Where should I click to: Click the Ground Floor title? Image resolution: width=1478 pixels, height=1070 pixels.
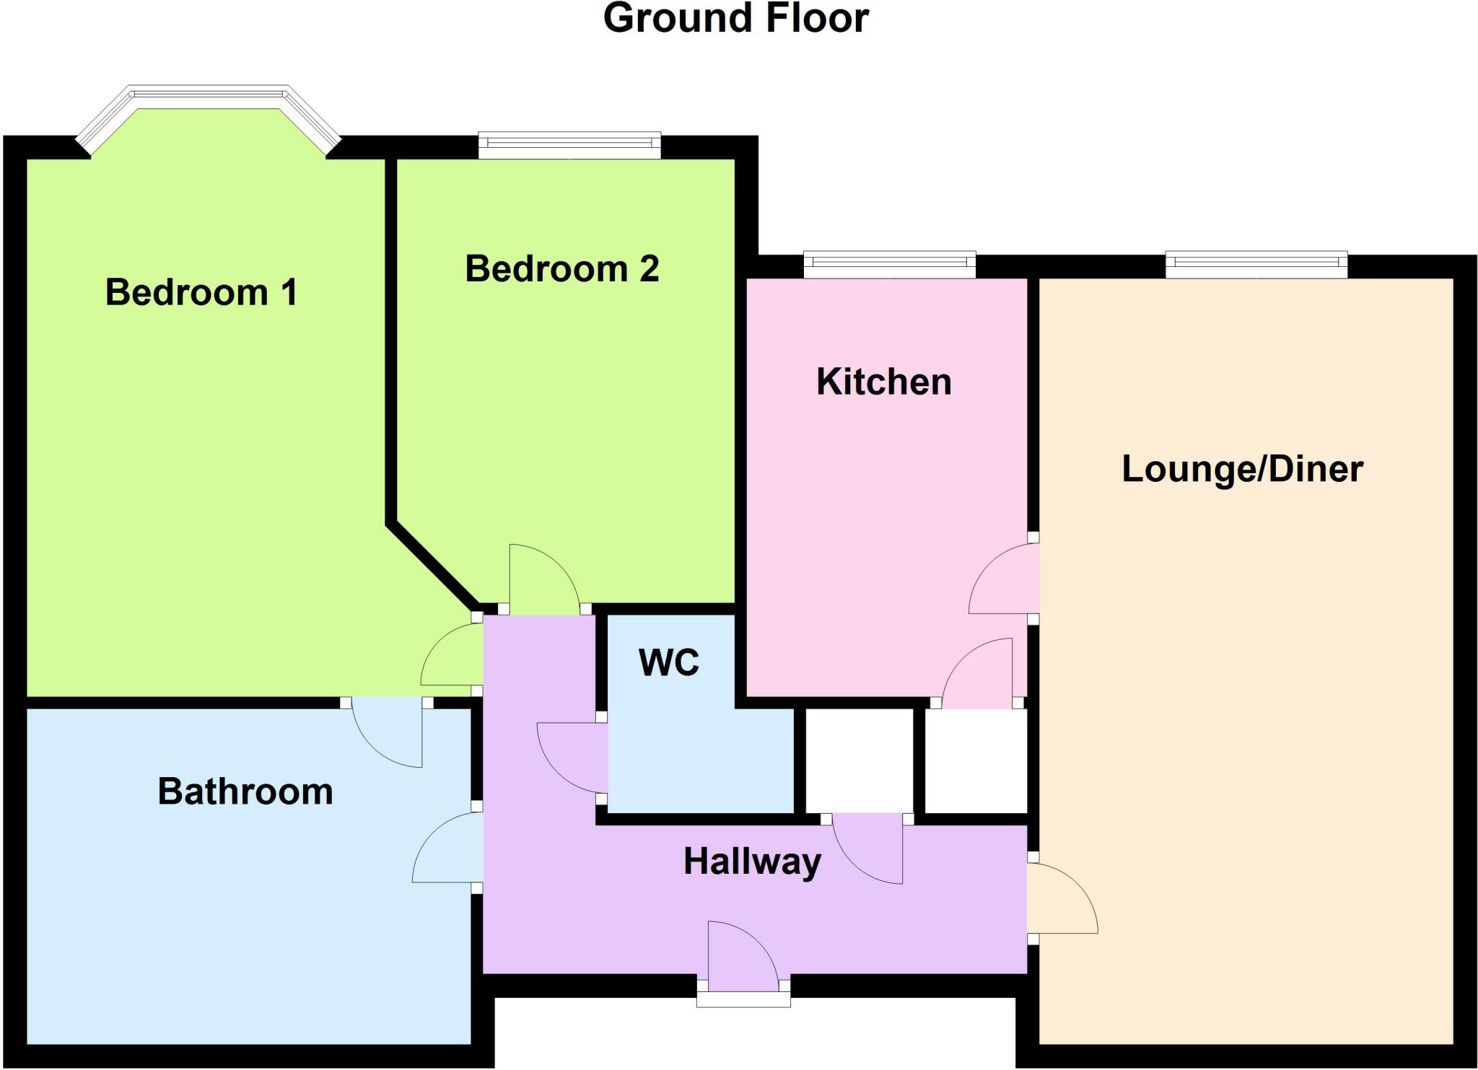[735, 19]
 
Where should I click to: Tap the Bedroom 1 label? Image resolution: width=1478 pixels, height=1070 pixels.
[201, 293]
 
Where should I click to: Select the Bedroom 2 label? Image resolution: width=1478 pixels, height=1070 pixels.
[561, 269]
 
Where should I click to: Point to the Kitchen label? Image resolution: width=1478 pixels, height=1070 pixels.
[883, 382]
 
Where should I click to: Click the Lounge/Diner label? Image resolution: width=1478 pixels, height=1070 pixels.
[1242, 469]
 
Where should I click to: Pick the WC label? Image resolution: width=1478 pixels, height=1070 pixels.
[669, 662]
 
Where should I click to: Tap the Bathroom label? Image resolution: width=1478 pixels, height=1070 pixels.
[245, 791]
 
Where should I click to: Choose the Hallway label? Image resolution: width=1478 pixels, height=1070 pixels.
[752, 861]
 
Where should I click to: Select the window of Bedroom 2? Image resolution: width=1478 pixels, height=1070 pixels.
[569, 145]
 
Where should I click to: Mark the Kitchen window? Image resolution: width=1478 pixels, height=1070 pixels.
[889, 264]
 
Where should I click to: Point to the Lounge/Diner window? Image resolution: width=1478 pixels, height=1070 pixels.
[1256, 264]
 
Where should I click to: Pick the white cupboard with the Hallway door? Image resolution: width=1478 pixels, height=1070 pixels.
[859, 761]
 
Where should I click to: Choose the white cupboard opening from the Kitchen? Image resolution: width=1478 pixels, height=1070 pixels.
[975, 761]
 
